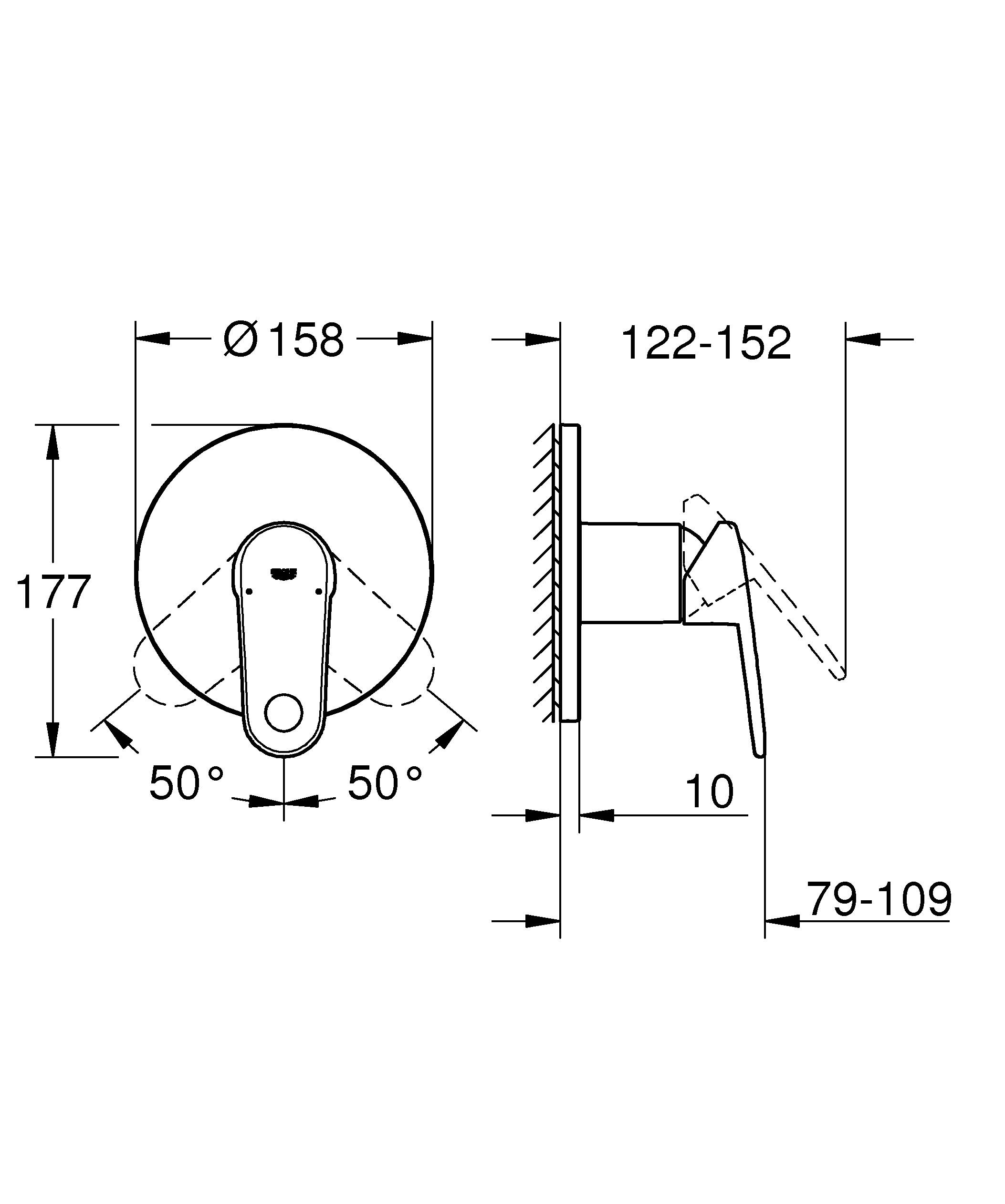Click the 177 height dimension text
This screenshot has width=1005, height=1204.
tap(53, 592)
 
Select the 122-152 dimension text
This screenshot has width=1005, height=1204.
tap(706, 344)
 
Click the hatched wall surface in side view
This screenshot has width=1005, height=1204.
tap(545, 573)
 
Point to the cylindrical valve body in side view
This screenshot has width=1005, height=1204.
tap(631, 572)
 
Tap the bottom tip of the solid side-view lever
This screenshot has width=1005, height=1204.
tap(760, 754)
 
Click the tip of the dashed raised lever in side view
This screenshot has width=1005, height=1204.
tap(841, 678)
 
